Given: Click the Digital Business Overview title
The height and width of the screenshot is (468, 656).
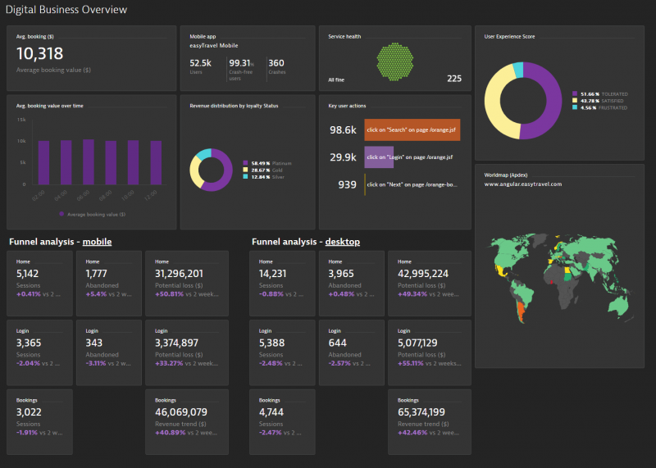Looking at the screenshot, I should tap(66, 11).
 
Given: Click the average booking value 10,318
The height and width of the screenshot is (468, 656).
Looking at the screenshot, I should tap(39, 54).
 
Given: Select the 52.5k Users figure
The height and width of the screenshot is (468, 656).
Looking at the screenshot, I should tap(201, 63).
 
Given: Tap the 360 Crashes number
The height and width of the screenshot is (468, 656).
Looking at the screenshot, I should tap(276, 63).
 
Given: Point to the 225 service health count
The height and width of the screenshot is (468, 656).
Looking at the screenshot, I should tap(453, 79).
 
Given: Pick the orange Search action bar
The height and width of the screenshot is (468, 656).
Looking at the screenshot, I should tap(412, 130).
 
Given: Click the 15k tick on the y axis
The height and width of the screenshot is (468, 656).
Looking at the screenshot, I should tap(22, 120).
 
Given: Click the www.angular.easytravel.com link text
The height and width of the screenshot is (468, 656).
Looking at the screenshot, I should tap(522, 184).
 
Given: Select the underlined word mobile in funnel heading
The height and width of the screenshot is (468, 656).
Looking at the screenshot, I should tap(97, 242).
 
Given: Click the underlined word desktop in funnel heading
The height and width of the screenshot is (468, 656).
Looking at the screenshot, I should tap(342, 242).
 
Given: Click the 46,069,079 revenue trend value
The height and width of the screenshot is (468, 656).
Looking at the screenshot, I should tap(180, 412).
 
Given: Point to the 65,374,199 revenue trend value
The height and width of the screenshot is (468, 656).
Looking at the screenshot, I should tap(422, 412).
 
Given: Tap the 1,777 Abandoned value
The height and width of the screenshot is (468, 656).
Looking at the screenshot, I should tap(96, 273).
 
